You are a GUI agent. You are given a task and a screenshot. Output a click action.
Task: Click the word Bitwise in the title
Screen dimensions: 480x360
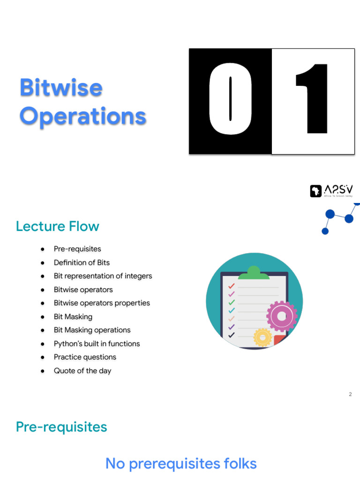tap(61, 88)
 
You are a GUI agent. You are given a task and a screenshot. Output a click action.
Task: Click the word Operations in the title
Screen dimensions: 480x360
tap(83, 116)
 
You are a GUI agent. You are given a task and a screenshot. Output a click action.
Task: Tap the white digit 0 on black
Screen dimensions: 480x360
tap(230, 99)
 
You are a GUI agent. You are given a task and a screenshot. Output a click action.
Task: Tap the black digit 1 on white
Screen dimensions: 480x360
tap(312, 99)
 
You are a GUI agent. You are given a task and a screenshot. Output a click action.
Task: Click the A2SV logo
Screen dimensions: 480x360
tap(331, 191)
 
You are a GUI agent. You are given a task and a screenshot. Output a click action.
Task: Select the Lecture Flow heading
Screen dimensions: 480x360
tap(58, 226)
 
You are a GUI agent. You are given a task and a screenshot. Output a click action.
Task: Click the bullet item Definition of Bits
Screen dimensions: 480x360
tap(82, 262)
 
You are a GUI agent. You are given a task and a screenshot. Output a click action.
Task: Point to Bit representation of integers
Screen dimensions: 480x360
tap(103, 276)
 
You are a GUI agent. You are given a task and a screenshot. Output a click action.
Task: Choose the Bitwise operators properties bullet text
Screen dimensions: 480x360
tap(102, 303)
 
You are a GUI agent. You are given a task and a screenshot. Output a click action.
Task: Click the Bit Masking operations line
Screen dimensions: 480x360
tap(92, 330)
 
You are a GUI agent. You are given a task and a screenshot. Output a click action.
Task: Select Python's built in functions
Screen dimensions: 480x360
tap(97, 344)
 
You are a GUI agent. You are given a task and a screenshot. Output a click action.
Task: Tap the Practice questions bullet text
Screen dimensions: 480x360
tap(85, 357)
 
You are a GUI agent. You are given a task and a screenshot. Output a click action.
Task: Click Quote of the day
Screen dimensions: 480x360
tap(82, 371)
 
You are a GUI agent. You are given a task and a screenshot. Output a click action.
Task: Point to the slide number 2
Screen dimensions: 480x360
tap(350, 394)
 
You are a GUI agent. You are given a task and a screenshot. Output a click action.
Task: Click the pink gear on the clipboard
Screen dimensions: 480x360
tap(282, 316)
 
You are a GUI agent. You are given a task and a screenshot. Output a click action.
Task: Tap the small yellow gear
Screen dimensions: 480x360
tap(262, 337)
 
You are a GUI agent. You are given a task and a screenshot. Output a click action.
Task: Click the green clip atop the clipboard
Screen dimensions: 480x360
tap(254, 272)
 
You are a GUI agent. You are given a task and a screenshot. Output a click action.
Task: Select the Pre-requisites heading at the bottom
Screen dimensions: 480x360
tap(61, 427)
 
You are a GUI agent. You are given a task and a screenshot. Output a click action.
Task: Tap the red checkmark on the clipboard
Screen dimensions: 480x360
tap(231, 286)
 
